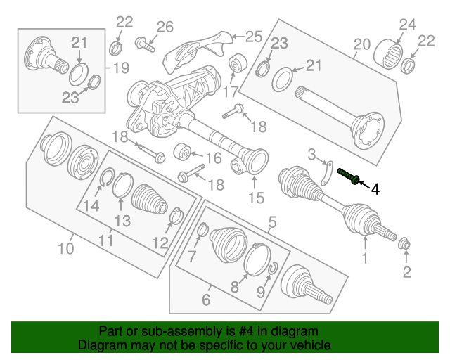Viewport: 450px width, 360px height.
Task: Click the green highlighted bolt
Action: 349,176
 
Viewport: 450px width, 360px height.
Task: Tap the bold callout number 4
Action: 375,190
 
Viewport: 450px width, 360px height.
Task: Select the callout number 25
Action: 254,37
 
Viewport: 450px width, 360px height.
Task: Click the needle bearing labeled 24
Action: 388,53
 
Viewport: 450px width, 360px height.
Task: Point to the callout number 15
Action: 256,198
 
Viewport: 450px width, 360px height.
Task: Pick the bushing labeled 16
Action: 183,151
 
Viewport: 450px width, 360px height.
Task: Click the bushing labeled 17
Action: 238,64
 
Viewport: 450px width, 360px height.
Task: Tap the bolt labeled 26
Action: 145,44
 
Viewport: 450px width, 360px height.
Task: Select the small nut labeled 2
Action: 405,244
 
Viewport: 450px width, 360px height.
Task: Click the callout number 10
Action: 66,248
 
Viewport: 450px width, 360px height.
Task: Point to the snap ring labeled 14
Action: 107,177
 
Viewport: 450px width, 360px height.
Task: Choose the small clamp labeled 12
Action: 176,216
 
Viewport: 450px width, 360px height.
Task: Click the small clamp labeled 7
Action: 203,230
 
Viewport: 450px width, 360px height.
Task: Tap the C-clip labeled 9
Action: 273,268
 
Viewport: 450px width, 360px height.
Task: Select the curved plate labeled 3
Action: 326,174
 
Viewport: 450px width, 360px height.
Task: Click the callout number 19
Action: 121,68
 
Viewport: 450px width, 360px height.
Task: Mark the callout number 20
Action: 362,44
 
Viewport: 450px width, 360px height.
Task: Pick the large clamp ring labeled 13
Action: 122,186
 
